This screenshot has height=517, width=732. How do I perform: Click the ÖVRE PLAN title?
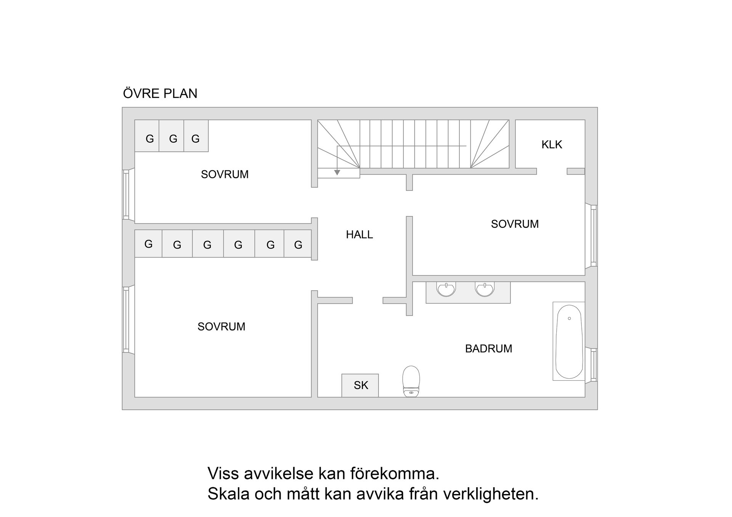tap(160, 94)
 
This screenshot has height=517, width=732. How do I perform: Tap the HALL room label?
tap(359, 235)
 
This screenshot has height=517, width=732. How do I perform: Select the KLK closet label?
tap(552, 145)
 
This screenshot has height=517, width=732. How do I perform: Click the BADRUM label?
tap(488, 349)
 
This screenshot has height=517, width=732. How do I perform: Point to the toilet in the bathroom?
tap(411, 381)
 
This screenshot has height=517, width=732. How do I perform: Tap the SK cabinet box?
tap(360, 386)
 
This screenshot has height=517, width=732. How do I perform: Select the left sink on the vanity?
tap(446, 289)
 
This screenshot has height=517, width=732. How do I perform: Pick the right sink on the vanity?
tap(485, 289)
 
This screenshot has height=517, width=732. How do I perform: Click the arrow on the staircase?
tap(337, 173)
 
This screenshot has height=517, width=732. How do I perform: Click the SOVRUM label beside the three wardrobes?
tap(225, 174)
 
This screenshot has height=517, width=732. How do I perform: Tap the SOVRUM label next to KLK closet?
tap(515, 224)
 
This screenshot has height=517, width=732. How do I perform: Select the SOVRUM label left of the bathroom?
tap(221, 327)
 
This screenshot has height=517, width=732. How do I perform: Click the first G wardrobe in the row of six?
tap(148, 244)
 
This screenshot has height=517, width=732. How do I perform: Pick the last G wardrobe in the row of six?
tap(298, 245)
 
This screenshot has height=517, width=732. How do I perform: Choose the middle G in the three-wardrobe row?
tap(173, 139)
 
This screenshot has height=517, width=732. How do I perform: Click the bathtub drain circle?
tap(569, 319)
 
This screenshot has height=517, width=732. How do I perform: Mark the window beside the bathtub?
tap(594, 365)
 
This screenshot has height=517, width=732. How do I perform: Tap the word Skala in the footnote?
tap(228, 494)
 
